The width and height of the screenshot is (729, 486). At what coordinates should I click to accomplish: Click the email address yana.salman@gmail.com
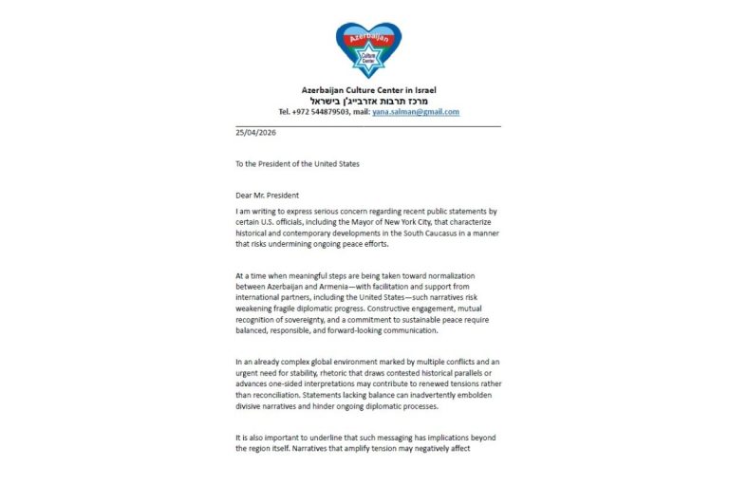416,111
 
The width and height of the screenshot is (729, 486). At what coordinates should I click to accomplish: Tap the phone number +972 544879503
319,111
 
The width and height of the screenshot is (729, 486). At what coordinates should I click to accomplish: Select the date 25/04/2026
254,133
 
